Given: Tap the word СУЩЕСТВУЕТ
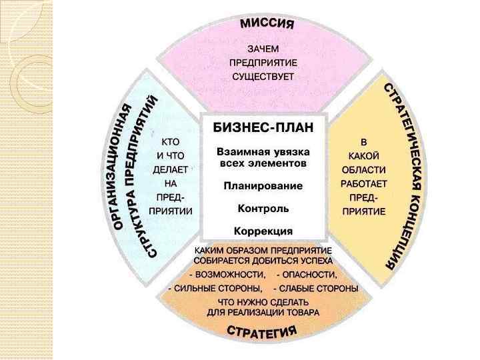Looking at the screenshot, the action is (x=263, y=76).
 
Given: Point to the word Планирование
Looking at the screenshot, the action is (x=263, y=185).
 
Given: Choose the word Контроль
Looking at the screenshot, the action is (x=263, y=208).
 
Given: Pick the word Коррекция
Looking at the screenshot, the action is (x=263, y=231).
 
